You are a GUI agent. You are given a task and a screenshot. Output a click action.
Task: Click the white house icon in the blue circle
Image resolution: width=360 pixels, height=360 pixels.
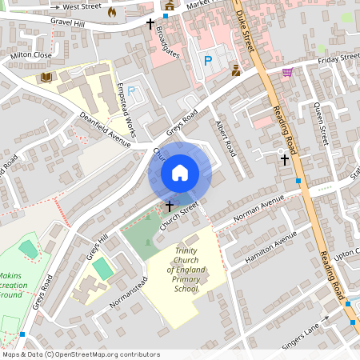pos(180,173)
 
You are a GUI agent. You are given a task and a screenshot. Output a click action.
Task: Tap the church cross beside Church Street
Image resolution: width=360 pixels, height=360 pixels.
pos(169,206)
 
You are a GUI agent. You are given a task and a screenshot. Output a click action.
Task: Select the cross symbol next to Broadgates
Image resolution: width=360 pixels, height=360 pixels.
pos(150,24)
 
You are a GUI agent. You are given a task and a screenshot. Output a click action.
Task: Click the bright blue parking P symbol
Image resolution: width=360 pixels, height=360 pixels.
pos(209,61)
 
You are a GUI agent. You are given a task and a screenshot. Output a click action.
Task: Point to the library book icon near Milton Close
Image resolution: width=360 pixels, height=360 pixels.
pos(46,78)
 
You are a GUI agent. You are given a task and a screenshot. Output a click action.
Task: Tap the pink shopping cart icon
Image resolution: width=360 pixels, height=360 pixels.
pos(286,72)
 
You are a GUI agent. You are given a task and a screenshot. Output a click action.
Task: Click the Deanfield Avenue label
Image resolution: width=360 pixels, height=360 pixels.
pos(105,129)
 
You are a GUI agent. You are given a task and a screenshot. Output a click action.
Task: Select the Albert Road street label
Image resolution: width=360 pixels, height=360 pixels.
pos(226,138)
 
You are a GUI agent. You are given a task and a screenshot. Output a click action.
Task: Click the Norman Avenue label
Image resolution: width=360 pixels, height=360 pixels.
pos(259,208)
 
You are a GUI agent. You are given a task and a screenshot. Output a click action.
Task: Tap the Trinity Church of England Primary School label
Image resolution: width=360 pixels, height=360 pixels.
pos(186,270)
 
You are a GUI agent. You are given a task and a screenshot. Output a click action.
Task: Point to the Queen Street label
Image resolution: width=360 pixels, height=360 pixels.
pos(322,125)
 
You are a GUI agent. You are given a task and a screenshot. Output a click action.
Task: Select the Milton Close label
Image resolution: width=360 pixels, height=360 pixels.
pos(31,55)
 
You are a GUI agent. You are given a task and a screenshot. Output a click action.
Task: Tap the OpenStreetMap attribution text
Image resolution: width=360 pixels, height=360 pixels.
pos(82,354)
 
